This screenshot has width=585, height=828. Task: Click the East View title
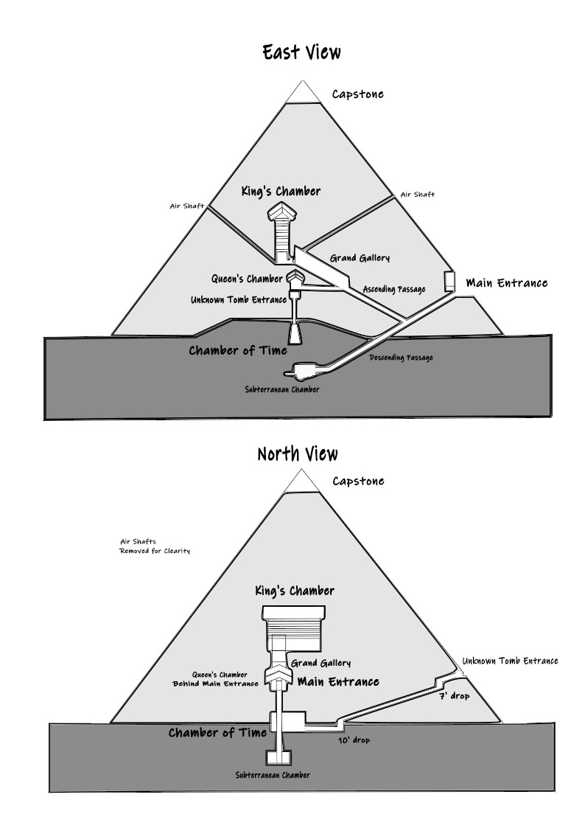301,52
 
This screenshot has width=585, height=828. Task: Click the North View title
298,453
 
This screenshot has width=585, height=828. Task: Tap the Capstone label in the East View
357,94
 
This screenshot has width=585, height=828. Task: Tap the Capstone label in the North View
358,481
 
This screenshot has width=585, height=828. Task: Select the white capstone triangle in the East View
301,93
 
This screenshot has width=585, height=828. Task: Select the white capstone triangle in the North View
301,481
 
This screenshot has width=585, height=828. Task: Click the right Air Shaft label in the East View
417,195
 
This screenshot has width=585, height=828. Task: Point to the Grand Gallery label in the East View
360,258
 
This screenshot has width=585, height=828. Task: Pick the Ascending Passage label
393,289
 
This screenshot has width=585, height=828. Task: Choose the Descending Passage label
401,358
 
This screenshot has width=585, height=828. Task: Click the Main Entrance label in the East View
507,283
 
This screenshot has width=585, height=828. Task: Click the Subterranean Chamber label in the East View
282,389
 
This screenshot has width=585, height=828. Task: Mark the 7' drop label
455,695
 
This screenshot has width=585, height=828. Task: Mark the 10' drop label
354,740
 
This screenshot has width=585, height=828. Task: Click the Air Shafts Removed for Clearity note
155,546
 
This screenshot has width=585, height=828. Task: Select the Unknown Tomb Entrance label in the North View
510,661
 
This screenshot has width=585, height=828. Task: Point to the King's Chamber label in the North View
294,591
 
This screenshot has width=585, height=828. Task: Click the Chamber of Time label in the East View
238,350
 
